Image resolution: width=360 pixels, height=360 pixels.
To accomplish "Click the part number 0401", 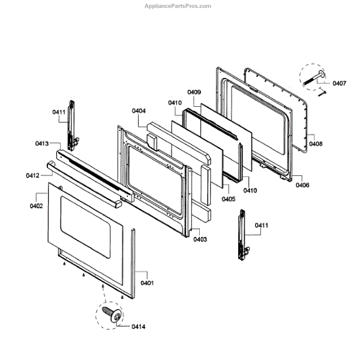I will pos(147,283).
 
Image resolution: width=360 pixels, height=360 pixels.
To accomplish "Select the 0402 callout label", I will pos(36,206).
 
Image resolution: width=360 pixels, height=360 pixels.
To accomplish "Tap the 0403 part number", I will pos(200,239).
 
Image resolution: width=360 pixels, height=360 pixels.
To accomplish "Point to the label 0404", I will pos(139,111).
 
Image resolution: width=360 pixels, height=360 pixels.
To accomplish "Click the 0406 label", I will pos(302,185).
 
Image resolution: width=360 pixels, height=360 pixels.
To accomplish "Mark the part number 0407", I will pos(339,83).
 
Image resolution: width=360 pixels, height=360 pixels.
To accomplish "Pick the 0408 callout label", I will pos(316,144).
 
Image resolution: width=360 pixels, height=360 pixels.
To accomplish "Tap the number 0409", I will pos(194,92).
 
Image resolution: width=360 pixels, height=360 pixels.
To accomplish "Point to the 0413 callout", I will pos(42,143).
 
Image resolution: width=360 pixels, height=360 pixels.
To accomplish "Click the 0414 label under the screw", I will pos(138,326).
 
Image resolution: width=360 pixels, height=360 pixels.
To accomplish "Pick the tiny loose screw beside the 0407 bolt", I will pos(322,92).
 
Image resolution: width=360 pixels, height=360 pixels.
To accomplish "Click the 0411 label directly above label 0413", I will pos(58,112).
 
